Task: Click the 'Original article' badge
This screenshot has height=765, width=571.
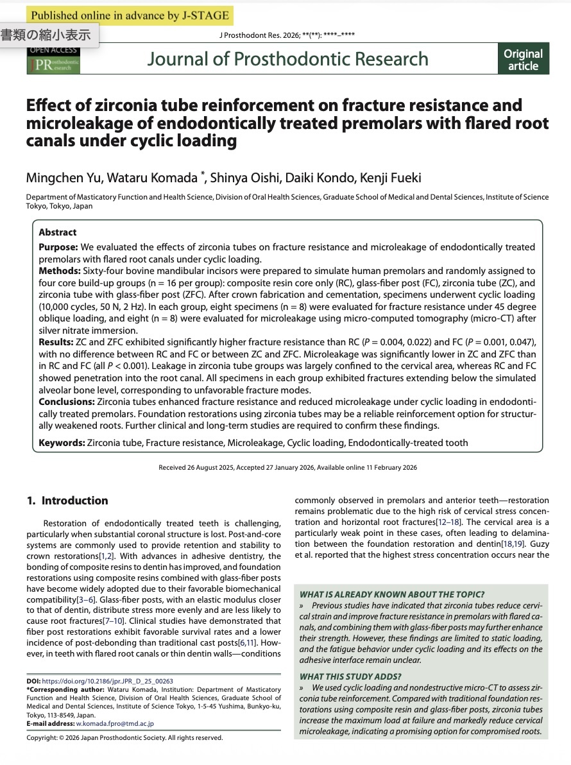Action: point(523,60)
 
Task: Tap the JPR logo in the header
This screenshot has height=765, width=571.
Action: point(53,64)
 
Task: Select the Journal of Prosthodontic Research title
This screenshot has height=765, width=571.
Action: point(287,59)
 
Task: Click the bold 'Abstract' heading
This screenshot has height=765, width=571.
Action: point(58,232)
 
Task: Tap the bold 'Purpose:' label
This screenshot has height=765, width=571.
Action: point(58,247)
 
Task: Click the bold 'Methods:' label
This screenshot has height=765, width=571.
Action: point(60,271)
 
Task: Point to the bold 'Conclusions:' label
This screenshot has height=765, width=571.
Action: point(66,402)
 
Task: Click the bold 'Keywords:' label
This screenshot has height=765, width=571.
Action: point(62,443)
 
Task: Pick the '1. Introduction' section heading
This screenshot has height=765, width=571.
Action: point(67,501)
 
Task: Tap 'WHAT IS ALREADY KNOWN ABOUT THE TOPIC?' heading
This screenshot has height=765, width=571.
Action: point(392,594)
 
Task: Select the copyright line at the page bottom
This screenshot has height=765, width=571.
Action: point(124,738)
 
